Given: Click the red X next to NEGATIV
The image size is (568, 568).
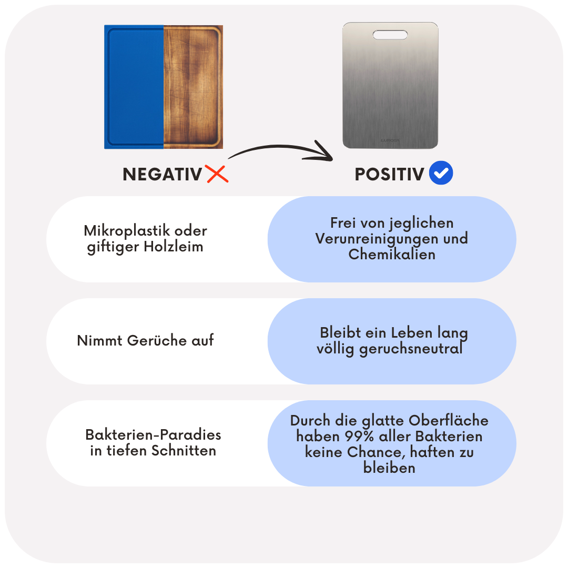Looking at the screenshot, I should [217, 174].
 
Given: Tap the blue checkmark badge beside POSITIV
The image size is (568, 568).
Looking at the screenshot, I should [441, 174].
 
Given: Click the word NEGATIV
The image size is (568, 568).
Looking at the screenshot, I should [162, 174].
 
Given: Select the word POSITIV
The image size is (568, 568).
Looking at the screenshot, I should [389, 174].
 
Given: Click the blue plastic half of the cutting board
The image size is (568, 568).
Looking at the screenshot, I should [134, 87].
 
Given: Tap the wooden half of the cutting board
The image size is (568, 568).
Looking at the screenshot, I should [193, 87].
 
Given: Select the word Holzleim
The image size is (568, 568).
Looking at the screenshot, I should [174, 247].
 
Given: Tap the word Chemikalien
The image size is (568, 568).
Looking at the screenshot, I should [392, 255].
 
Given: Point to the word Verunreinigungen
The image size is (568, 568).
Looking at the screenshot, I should [377, 239].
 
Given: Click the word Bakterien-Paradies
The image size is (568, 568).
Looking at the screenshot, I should [153, 435].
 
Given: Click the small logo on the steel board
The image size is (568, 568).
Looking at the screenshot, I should [390, 140].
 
